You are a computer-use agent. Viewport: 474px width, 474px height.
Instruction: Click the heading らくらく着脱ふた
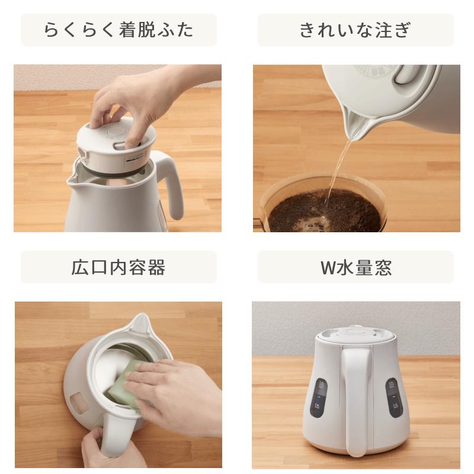point(118,30)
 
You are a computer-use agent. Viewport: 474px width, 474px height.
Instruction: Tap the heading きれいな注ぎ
point(355,30)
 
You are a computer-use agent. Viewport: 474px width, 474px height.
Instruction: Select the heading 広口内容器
point(118,267)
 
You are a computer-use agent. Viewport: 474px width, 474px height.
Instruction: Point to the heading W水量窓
point(356,267)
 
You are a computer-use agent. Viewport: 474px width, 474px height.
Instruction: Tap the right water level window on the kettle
point(393,398)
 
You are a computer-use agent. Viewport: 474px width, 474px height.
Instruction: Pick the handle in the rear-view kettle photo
point(356,399)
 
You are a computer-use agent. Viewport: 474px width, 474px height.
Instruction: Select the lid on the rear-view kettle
point(355,335)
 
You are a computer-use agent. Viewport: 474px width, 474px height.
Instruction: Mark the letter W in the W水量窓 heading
point(328,268)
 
